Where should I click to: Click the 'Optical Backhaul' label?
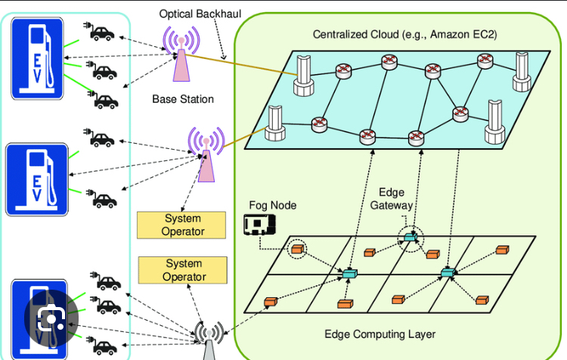(x=197, y=14)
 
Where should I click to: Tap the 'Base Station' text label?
(x=183, y=99)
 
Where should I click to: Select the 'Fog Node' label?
(x=273, y=205)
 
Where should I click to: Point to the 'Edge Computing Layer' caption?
(x=380, y=334)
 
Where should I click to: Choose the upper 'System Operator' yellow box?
(x=182, y=225)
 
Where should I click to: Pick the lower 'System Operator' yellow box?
(x=182, y=270)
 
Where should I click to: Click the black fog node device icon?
(x=259, y=225)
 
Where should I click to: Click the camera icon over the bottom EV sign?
(x=51, y=319)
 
